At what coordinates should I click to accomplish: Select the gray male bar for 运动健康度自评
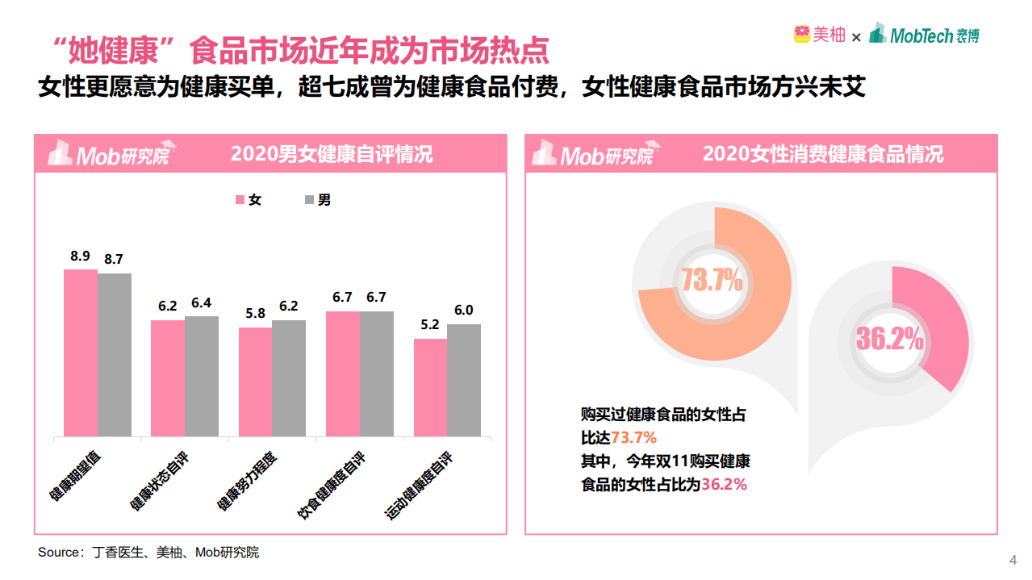[x=464, y=380]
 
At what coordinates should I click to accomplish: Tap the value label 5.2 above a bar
[x=430, y=324]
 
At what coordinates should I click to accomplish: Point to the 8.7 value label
[x=114, y=259]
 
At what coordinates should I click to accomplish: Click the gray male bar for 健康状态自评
[x=202, y=376]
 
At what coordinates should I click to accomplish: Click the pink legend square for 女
[x=240, y=200]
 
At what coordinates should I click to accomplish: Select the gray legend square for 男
[x=308, y=200]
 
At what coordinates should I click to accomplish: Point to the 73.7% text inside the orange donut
[x=712, y=280]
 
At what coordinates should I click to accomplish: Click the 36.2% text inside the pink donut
[x=889, y=340]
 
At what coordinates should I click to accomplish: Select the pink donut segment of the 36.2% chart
[x=941, y=323]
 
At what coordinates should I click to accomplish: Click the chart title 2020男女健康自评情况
[x=332, y=153]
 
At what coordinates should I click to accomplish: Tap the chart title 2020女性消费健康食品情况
[x=823, y=153]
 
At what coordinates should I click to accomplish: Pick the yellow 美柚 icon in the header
[x=801, y=35]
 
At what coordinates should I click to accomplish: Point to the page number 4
[x=1013, y=560]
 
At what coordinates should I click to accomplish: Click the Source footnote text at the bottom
[x=148, y=553]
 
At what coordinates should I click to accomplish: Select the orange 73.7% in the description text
[x=633, y=438]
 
